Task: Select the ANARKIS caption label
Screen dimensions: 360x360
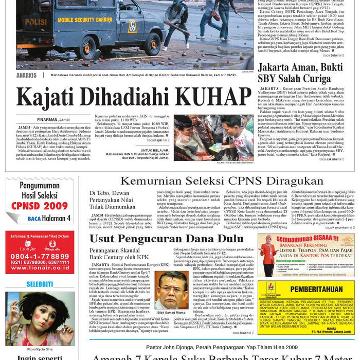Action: (26, 75)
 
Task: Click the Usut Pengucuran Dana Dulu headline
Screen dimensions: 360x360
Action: (159, 238)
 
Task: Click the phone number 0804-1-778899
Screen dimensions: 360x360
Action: (40, 256)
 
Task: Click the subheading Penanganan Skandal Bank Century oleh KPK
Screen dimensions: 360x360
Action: (119, 254)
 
